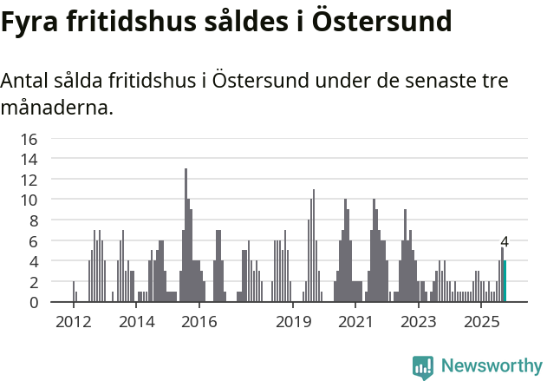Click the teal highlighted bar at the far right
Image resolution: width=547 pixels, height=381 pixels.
(505, 281)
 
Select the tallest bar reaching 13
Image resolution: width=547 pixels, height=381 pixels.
(186, 235)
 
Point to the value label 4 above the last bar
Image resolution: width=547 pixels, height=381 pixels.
(505, 242)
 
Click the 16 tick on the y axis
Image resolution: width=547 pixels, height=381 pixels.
(29, 139)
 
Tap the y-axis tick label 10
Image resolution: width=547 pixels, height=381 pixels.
(29, 200)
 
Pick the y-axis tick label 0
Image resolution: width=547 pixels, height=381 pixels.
(34, 302)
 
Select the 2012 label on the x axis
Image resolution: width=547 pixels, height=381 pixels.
(73, 322)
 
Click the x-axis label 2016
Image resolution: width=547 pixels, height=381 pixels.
(199, 322)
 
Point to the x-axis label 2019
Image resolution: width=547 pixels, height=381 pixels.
(294, 322)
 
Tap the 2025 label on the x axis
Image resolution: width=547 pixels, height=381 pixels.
(483, 322)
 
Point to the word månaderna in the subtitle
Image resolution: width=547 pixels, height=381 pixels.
(57, 109)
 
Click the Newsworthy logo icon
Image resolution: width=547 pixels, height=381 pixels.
(423, 367)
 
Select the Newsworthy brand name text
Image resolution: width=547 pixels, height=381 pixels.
(491, 366)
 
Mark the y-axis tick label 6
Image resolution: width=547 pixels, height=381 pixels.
(34, 241)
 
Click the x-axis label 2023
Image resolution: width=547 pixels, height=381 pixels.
(420, 322)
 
